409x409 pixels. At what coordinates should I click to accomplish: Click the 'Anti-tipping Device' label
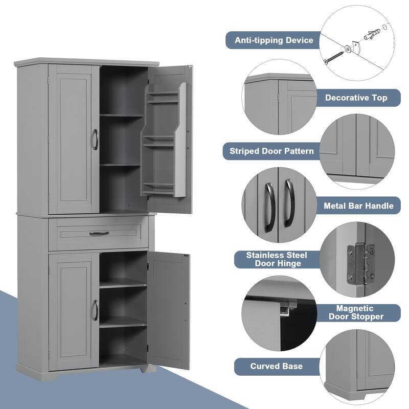273,40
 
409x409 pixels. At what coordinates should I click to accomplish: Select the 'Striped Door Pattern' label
272,151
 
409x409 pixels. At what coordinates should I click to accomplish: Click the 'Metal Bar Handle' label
359,206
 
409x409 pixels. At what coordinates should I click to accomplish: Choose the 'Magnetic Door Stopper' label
359,312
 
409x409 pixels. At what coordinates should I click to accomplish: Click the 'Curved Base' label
276,366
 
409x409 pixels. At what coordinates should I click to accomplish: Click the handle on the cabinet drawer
99,233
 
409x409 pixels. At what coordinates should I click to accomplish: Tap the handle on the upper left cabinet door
95,139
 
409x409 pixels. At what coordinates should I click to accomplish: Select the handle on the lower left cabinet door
95,310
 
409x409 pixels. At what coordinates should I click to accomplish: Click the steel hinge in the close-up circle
360,263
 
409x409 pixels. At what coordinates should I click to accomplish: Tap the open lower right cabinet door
169,309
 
